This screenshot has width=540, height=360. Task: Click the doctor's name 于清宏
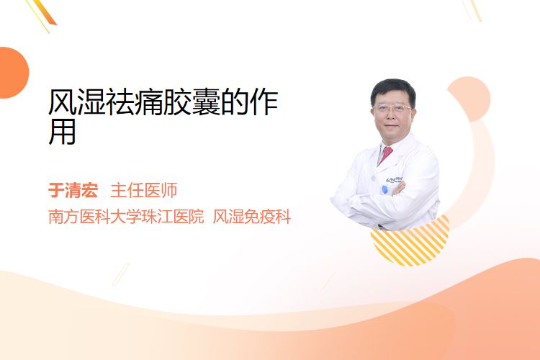73,191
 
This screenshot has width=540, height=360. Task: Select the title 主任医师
144,191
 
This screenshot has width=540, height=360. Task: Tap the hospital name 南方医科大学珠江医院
126,217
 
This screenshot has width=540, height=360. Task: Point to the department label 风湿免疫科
252,217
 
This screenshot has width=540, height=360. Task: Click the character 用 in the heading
63,132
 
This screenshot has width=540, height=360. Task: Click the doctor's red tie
385,155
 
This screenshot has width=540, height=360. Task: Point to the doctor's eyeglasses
392,108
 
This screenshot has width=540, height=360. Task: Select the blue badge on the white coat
384,189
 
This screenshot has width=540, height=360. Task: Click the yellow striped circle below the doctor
410,240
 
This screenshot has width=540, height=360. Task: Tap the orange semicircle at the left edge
13,73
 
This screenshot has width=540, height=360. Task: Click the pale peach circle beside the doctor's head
469,99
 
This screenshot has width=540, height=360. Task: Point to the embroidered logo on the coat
395,179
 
